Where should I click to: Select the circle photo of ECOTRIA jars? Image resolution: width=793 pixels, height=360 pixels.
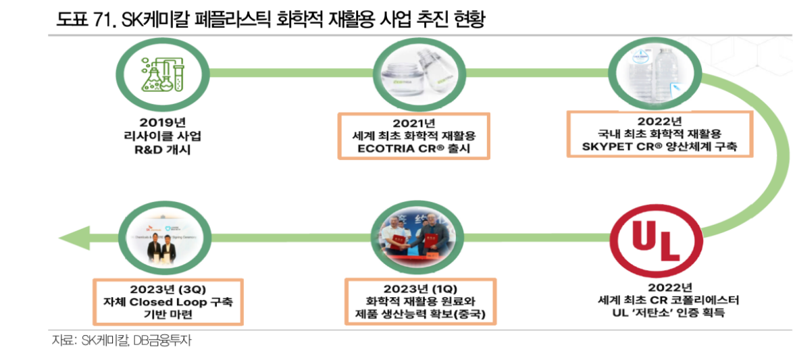413,74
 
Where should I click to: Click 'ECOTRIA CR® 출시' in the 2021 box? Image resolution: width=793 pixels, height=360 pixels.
413,148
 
